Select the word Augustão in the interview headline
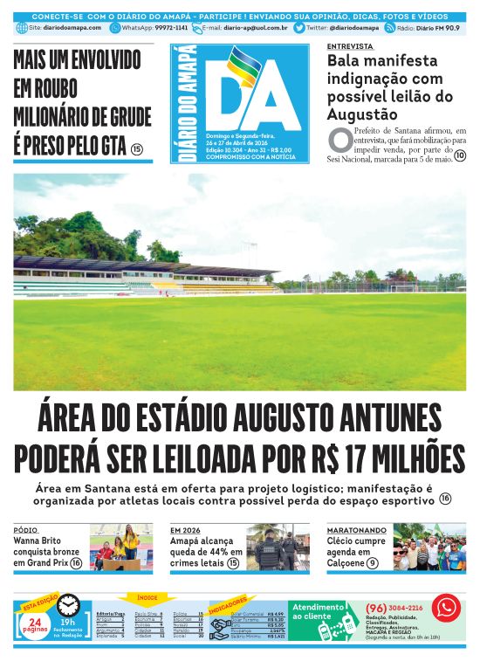point(362,114)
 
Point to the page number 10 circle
point(460,156)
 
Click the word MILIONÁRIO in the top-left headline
point(52,116)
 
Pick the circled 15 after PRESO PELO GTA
point(136,149)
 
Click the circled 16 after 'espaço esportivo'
point(445,499)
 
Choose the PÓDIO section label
point(25,530)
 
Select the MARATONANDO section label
point(353,530)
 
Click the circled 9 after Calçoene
point(373,564)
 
